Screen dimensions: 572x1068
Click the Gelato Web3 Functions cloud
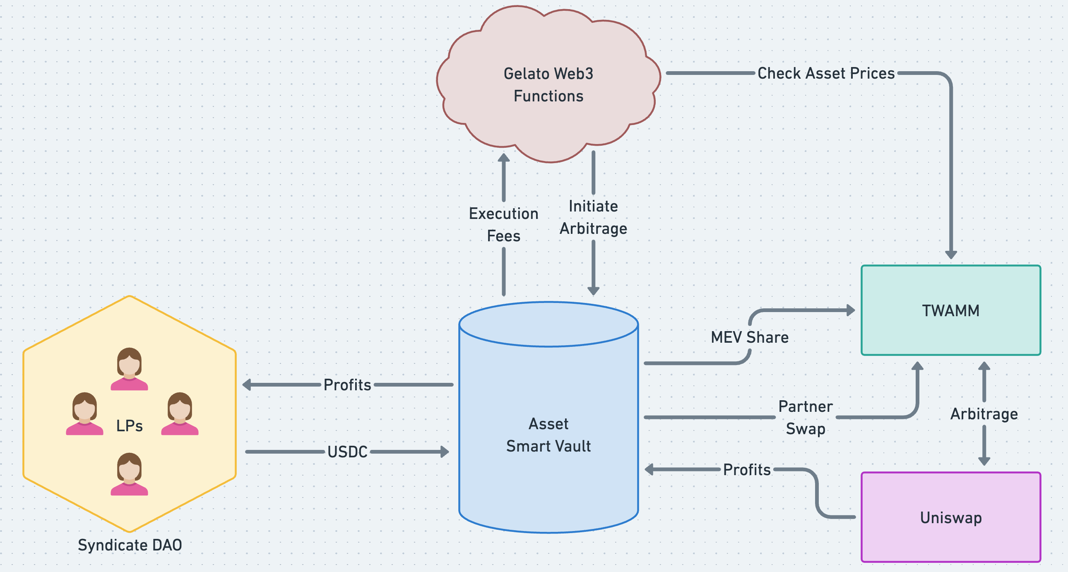pyautogui.click(x=548, y=84)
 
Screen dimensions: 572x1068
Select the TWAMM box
pyautogui.click(x=951, y=310)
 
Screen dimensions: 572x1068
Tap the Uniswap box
pyautogui.click(x=951, y=517)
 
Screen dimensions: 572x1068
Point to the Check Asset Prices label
pyautogui.click(x=826, y=73)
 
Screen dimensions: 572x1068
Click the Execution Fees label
pyautogui.click(x=503, y=225)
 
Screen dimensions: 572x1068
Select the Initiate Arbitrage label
pyautogui.click(x=593, y=217)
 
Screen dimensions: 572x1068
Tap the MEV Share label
pyautogui.click(x=750, y=337)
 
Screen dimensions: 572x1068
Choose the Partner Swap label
pyautogui.click(x=805, y=417)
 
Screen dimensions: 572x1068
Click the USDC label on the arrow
pyautogui.click(x=347, y=452)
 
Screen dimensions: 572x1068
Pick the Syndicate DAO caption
pyautogui.click(x=130, y=545)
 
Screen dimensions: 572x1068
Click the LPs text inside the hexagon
pyautogui.click(x=129, y=425)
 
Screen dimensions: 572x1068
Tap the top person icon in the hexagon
pyautogui.click(x=129, y=369)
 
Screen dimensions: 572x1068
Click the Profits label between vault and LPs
pyautogui.click(x=347, y=385)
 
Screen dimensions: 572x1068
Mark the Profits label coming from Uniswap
pyautogui.click(x=747, y=470)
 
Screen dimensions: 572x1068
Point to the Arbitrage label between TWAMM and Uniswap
pyautogui.click(x=984, y=413)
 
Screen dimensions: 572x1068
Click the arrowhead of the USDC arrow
pyautogui.click(x=445, y=452)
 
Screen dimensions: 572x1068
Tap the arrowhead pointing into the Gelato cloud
pyautogui.click(x=503, y=158)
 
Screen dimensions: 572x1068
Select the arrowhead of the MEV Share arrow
pyautogui.click(x=850, y=310)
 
